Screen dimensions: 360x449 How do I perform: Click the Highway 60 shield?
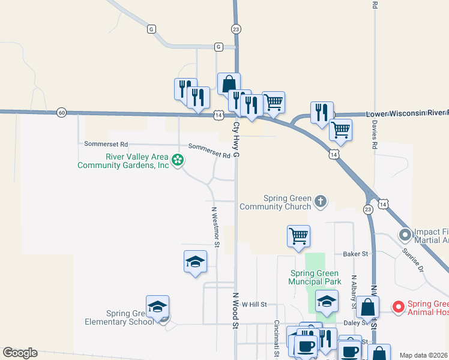pos(61,112)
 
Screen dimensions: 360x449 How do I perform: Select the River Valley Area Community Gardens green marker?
pos(177,160)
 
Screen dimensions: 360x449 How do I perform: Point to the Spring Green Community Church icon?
pos(321,201)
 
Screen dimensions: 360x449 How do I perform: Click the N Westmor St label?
pos(215,227)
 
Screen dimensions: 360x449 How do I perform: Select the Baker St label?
pos(355,254)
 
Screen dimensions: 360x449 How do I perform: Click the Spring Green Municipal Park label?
pos(315,277)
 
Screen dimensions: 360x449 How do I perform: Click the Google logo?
pos(20,353)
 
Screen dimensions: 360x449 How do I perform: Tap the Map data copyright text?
pos(424,355)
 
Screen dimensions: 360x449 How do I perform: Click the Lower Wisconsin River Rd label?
pos(407,113)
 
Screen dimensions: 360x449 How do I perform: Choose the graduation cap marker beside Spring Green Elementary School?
pos(157,307)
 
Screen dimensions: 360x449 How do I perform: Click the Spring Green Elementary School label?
pos(130,317)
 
